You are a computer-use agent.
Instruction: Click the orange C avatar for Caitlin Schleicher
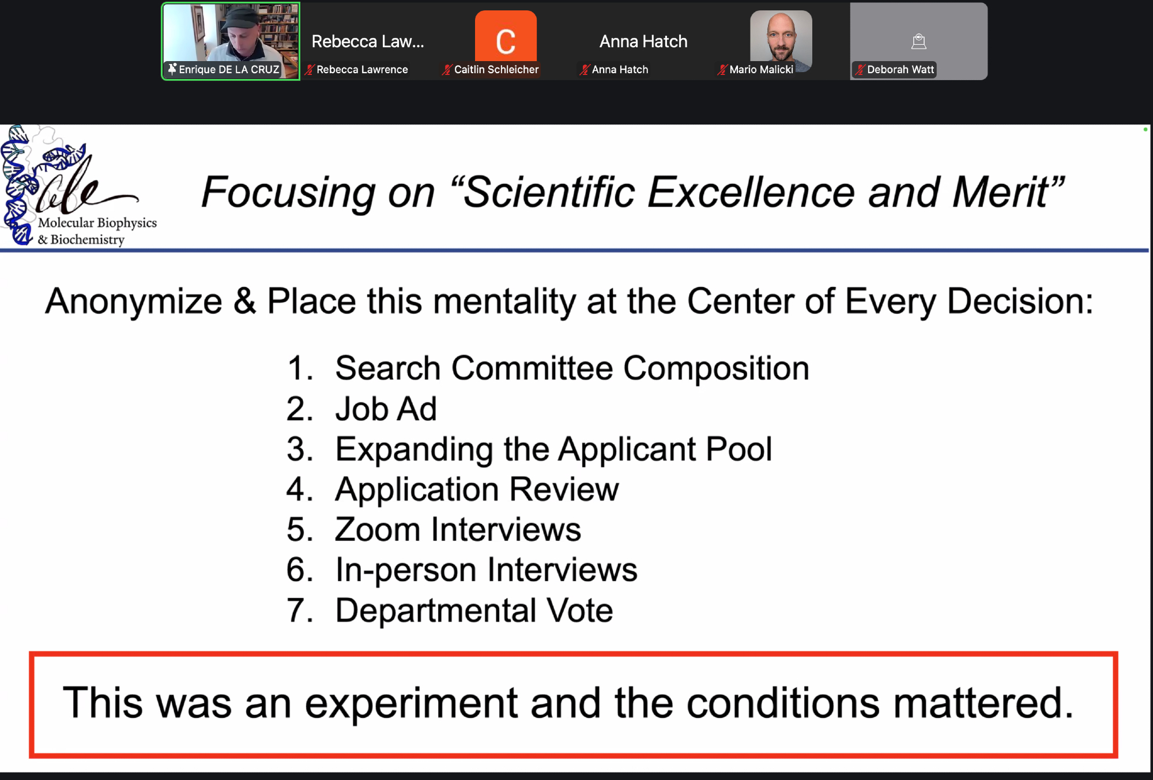pos(506,36)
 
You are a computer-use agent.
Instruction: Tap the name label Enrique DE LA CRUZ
pos(229,70)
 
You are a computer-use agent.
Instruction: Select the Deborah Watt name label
pos(900,70)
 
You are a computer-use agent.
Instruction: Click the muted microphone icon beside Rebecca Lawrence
pos(310,70)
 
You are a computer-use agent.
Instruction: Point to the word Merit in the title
pos(1001,193)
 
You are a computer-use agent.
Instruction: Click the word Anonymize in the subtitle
pos(134,301)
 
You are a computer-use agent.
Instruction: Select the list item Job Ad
pos(386,409)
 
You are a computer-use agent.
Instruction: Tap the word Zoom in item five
pos(377,530)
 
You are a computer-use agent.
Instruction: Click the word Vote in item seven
pos(579,611)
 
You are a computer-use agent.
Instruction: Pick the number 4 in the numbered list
pos(296,489)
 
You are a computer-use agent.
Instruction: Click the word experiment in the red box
pos(411,704)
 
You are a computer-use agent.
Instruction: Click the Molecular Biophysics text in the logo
pos(97,223)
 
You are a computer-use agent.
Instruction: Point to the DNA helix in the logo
pos(16,184)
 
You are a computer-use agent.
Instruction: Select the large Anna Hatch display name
pos(643,42)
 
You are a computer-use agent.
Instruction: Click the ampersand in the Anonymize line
pos(244,301)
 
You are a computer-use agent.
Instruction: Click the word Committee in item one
pos(532,368)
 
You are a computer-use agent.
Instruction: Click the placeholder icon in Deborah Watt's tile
pos(918,41)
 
